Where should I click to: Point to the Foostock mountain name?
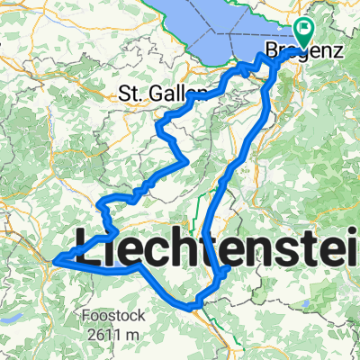point(107,316)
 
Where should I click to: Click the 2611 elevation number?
point(105,335)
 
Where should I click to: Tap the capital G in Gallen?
point(166,92)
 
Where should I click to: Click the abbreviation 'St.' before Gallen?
point(130,92)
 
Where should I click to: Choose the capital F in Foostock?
point(84,316)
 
